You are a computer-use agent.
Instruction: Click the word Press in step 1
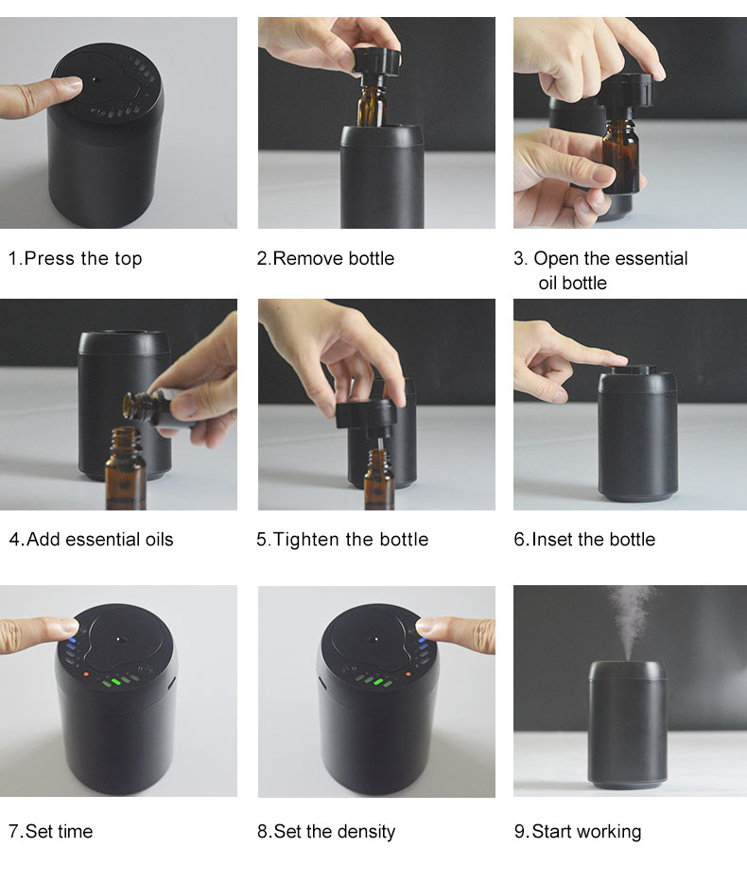pos(49,259)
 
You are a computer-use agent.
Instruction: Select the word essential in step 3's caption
pos(651,259)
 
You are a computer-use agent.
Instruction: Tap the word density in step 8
pos(364,832)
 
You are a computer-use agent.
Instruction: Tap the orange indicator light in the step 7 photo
pos(86,673)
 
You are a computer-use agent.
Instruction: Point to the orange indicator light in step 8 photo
pos(408,674)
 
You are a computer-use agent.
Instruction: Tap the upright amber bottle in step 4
pos(126,469)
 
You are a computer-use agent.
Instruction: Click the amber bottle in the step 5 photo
pos(379,479)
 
